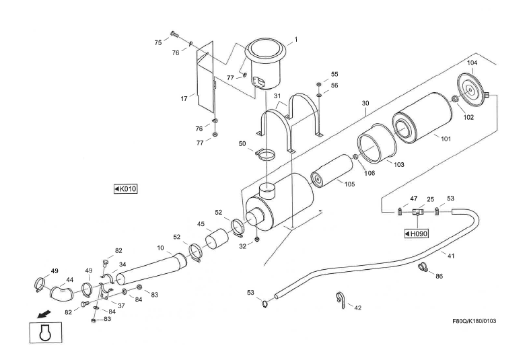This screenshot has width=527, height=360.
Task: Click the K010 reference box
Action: click(x=126, y=189)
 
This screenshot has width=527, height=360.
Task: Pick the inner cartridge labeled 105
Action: click(x=331, y=172)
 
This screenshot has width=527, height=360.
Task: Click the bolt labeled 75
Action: click(x=174, y=33)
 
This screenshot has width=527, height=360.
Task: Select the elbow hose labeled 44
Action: click(x=63, y=292)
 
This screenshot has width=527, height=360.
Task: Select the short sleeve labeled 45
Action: click(x=217, y=238)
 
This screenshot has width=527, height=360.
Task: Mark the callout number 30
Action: click(x=365, y=103)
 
